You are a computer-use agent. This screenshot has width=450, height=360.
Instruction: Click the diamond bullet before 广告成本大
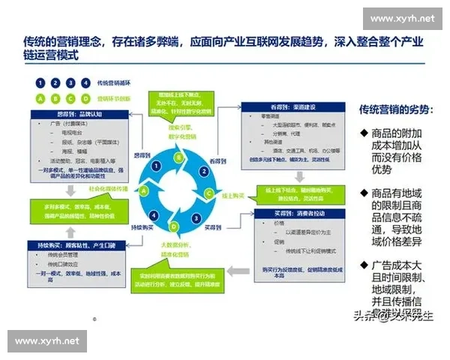pyautogui.click(x=365, y=265)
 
